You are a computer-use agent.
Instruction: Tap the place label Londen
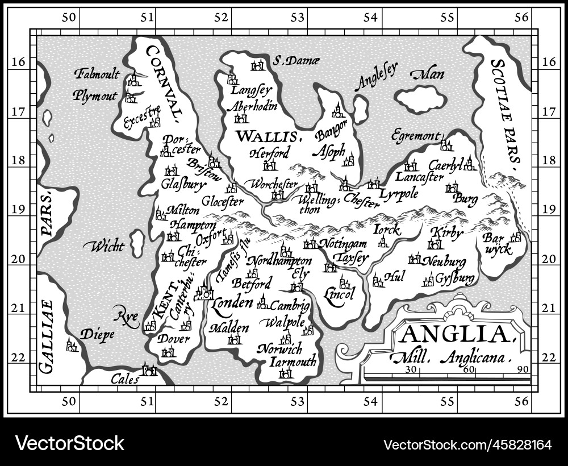click(x=232, y=303)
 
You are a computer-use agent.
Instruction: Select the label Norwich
click(x=279, y=348)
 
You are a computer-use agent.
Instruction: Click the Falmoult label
click(x=97, y=74)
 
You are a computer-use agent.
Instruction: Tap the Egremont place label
click(x=415, y=136)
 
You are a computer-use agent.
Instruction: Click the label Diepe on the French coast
click(x=97, y=334)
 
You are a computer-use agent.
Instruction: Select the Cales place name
click(x=124, y=378)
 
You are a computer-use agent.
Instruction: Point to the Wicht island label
click(x=103, y=246)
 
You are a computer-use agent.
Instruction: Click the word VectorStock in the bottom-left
click(x=69, y=443)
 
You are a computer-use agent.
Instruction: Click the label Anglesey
click(x=374, y=77)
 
